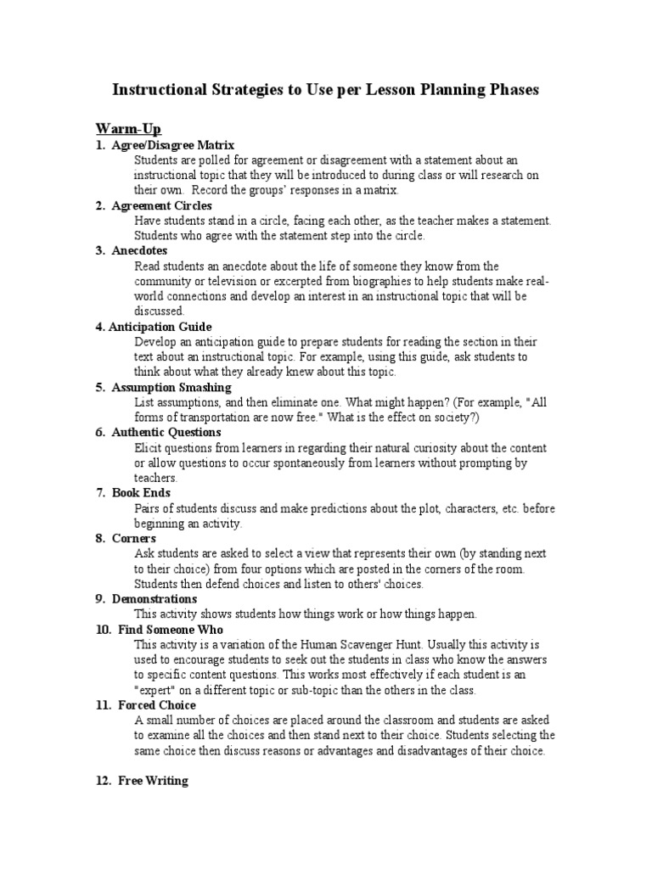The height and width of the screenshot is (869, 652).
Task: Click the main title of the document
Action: click(326, 89)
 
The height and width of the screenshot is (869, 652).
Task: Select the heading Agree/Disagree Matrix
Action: click(172, 145)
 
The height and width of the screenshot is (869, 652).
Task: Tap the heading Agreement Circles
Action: click(161, 205)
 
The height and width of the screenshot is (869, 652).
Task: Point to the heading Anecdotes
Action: click(139, 250)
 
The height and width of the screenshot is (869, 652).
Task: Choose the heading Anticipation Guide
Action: click(160, 327)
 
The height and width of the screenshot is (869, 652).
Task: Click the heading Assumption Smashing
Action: click(171, 387)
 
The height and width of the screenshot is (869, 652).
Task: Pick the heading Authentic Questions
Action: click(166, 432)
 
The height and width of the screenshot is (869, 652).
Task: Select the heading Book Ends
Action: click(141, 492)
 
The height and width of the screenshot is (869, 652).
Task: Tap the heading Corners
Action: click(133, 538)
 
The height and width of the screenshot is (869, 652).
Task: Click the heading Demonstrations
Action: click(155, 598)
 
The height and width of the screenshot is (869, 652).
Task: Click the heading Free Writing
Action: click(153, 781)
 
